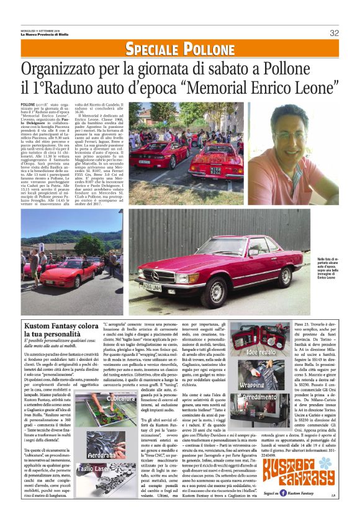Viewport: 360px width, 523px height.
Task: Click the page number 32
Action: click(x=334, y=33)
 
